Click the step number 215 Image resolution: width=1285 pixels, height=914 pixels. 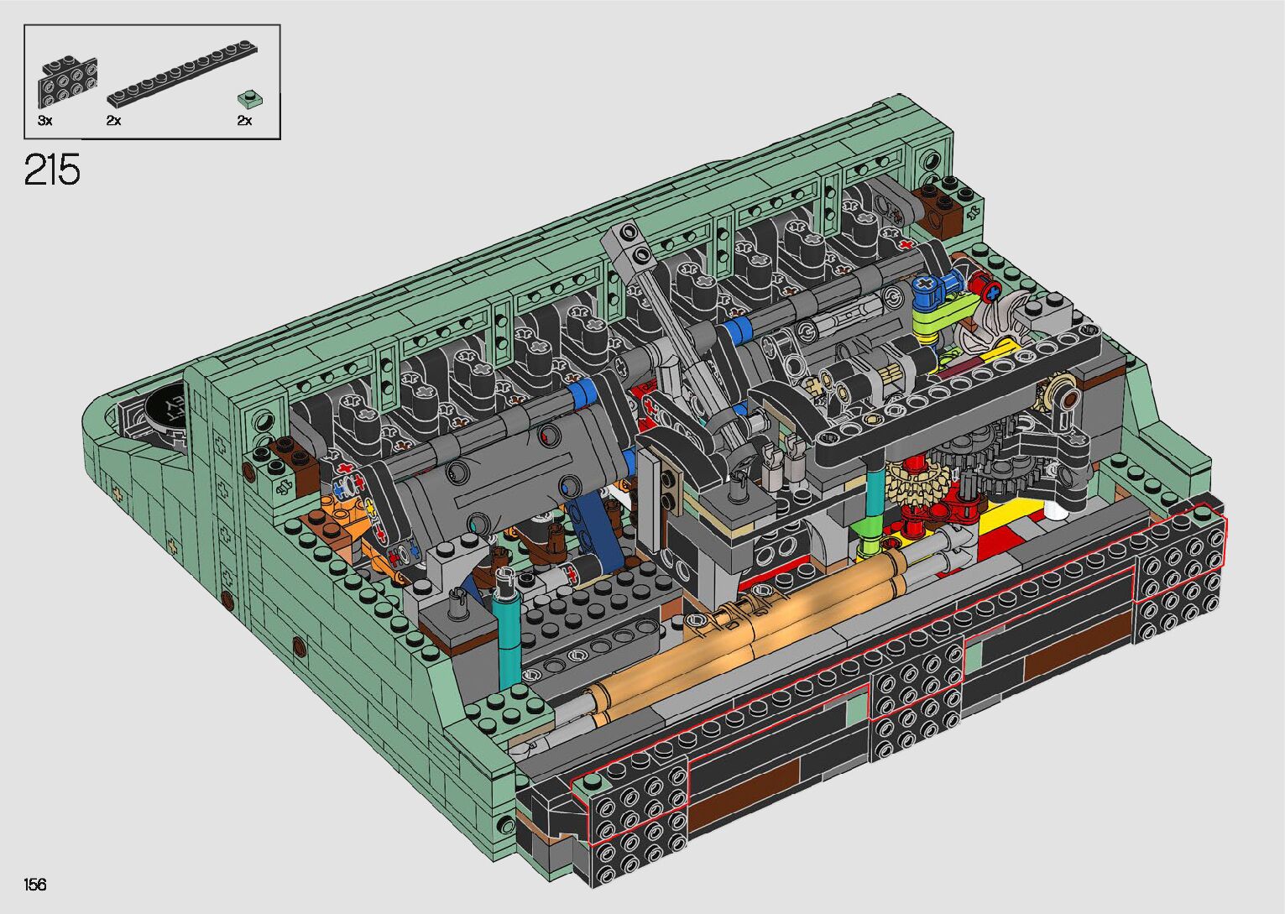point(52,170)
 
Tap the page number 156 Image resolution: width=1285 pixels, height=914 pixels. point(35,884)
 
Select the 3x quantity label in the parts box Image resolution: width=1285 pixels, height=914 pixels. point(44,121)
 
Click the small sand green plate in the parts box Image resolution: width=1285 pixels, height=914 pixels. point(250,99)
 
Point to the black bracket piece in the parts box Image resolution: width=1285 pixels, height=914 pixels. point(68,82)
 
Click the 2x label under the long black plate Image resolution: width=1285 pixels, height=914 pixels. point(113,121)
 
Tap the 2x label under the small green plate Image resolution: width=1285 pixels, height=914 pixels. point(244,121)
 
